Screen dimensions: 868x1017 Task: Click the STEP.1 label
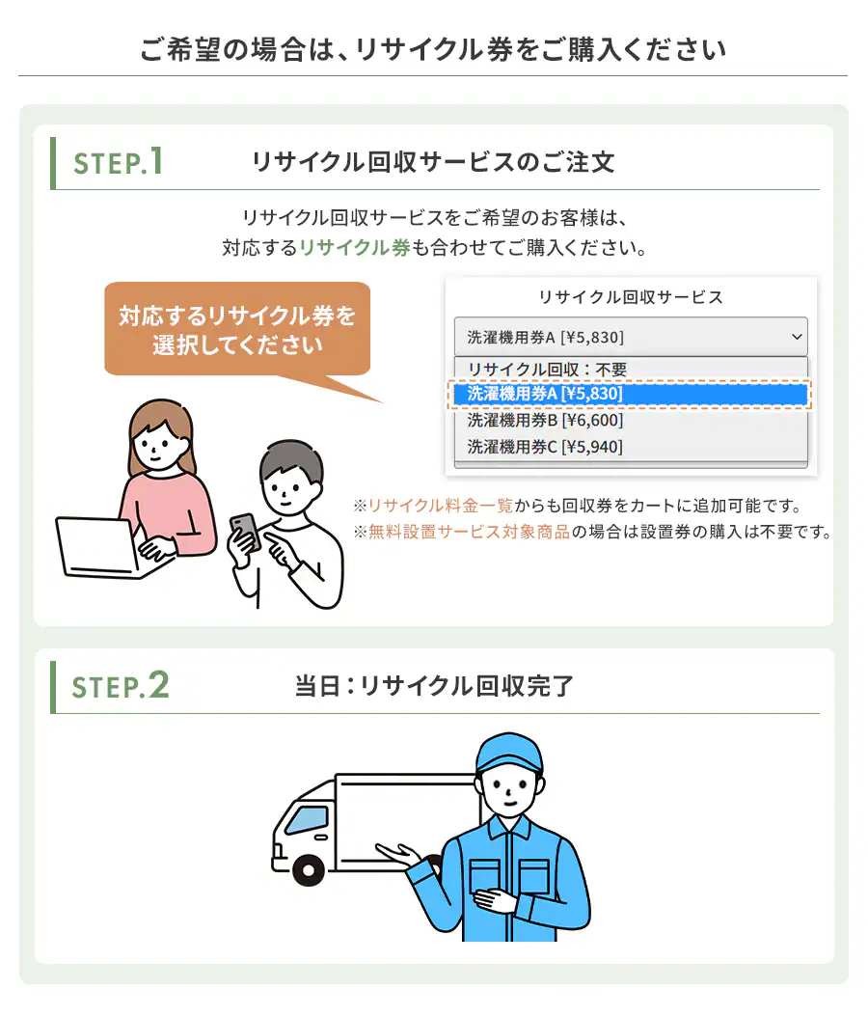(x=118, y=162)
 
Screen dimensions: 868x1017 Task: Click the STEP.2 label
(x=120, y=686)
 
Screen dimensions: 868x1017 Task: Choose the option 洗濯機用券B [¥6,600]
(x=545, y=421)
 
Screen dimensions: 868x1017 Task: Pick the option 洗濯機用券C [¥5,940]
(x=545, y=447)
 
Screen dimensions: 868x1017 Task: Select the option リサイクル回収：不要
(x=547, y=369)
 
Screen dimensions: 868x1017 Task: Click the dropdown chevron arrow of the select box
(x=797, y=337)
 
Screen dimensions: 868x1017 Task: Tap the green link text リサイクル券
(x=355, y=247)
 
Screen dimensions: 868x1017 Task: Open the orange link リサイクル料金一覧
(x=441, y=506)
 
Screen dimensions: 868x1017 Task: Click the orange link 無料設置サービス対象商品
(x=470, y=532)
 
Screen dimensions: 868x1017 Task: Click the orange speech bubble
(x=237, y=329)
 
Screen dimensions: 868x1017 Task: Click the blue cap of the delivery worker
(x=508, y=753)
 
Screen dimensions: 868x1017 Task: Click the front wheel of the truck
(x=309, y=870)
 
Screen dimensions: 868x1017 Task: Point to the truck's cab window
(x=307, y=821)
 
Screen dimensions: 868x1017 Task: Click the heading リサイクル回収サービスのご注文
(x=433, y=162)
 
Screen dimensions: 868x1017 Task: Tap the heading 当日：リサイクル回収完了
(x=434, y=686)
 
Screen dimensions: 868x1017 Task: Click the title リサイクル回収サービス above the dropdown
(x=631, y=297)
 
